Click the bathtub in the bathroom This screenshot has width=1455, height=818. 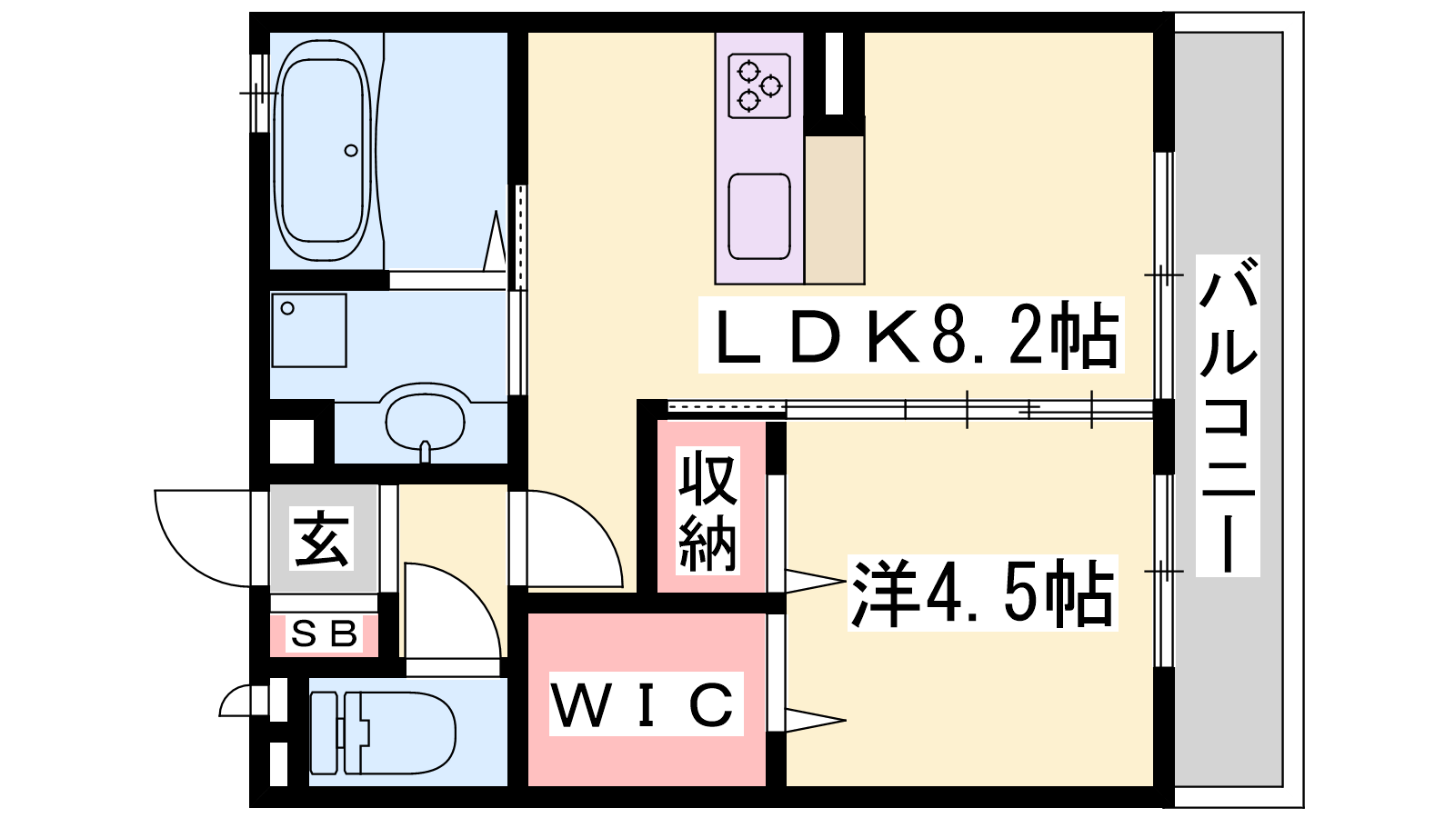[x=323, y=150]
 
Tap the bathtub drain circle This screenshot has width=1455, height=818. [x=351, y=151]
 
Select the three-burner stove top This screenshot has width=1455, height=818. [x=759, y=85]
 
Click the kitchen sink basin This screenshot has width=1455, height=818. [x=759, y=216]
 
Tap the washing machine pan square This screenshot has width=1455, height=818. [x=309, y=330]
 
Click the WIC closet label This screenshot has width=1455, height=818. [x=646, y=704]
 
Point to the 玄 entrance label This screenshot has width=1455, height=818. [x=323, y=538]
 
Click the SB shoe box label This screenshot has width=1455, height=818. [x=324, y=633]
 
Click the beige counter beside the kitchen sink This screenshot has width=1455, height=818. [x=834, y=209]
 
